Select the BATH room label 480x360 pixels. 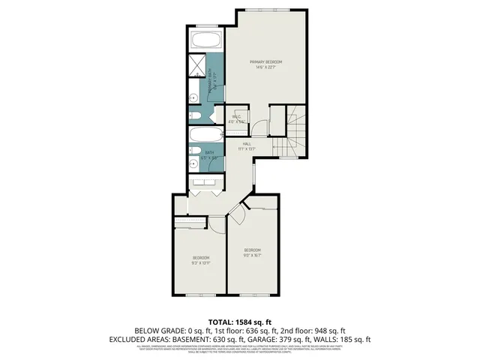click(209, 152)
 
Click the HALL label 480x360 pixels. click(247, 143)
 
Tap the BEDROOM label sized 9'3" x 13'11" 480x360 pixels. click(201, 258)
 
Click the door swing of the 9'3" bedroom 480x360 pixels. click(217, 223)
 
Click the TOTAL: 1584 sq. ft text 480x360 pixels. click(240, 321)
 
